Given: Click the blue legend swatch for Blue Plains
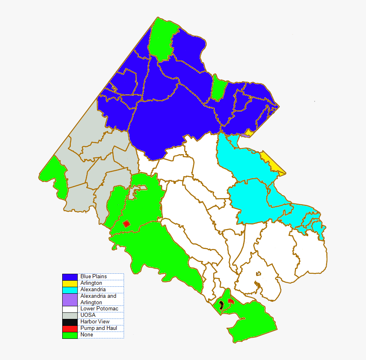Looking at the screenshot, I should [x=70, y=277].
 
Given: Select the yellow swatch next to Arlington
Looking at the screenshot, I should [x=70, y=283].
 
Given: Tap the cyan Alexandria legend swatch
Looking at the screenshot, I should [x=70, y=290].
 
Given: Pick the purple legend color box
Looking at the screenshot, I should [x=70, y=299].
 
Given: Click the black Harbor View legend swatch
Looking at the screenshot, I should [x=70, y=322].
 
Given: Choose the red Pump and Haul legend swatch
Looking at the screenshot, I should [x=70, y=328].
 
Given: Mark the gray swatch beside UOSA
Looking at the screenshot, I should [x=70, y=315].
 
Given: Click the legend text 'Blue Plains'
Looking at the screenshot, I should [x=93, y=277].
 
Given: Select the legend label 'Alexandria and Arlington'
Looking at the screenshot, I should [x=98, y=299].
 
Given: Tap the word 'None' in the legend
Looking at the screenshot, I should [x=87, y=335].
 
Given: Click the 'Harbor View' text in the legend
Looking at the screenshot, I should [x=95, y=322].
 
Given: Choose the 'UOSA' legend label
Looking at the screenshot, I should [x=88, y=315].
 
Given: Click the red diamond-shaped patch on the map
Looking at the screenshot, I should [x=126, y=224].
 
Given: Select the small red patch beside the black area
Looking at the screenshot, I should [x=231, y=301].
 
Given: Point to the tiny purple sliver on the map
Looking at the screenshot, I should [x=244, y=135].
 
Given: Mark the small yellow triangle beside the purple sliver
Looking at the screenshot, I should [x=249, y=133].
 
